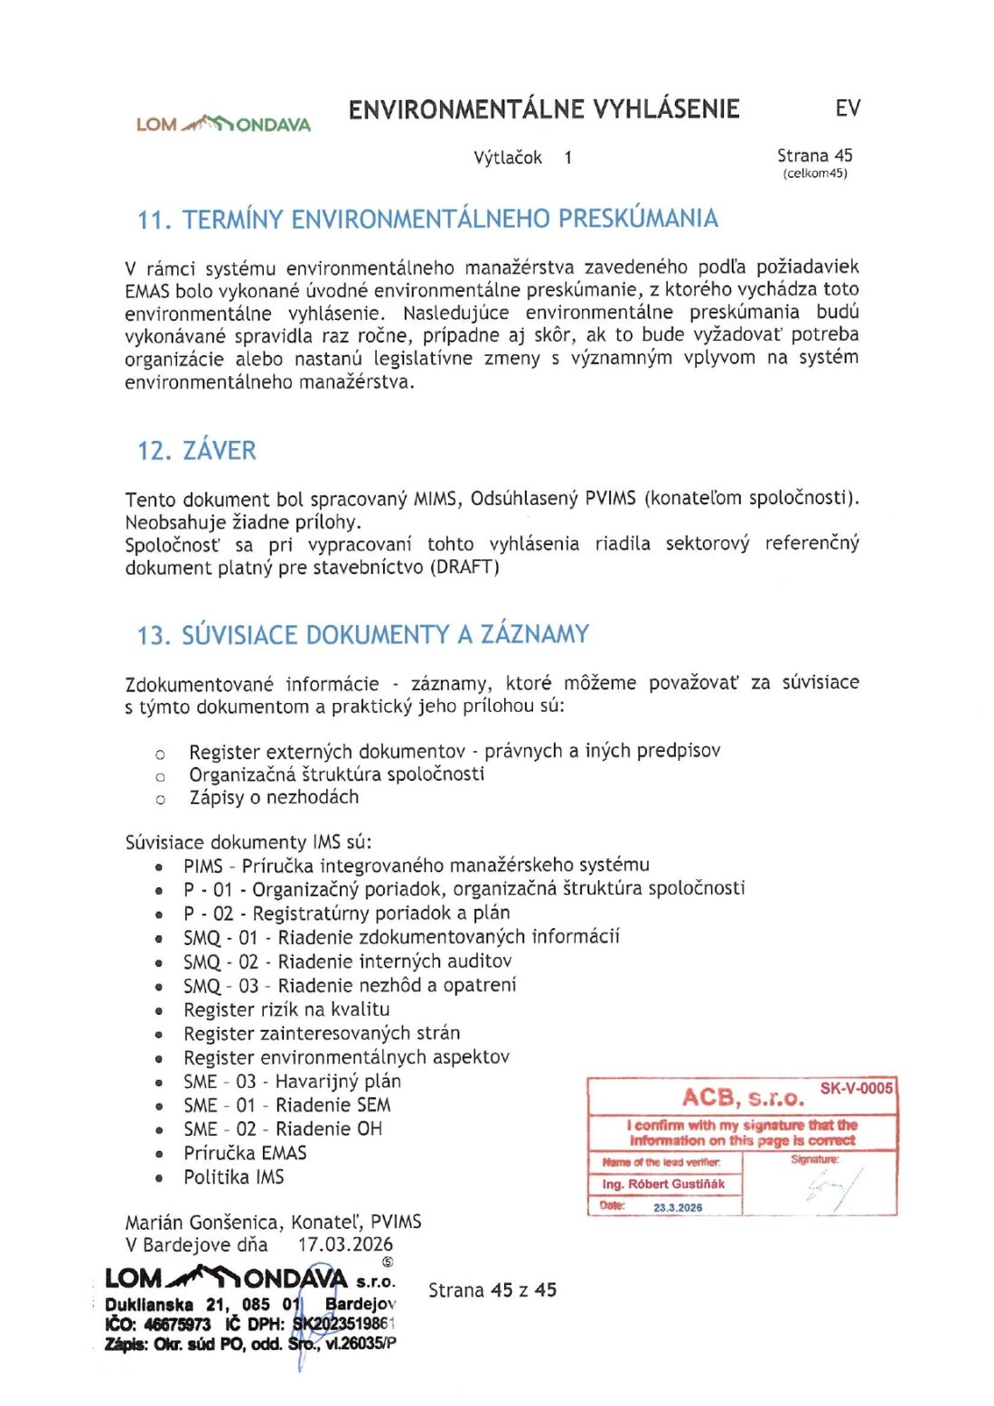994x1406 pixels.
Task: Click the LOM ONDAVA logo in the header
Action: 223,124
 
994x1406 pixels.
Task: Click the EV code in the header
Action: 847,108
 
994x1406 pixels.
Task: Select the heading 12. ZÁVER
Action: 197,450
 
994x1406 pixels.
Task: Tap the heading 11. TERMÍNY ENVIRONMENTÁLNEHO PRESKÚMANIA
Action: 427,219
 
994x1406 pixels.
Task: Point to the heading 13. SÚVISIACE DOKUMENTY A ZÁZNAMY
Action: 362,634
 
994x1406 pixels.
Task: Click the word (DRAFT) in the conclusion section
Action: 464,567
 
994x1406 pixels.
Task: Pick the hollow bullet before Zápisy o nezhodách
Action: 161,799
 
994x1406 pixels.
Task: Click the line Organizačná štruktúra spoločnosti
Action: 336,774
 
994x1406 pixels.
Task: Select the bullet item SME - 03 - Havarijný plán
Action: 292,1081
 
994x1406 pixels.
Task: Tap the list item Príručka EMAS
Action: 245,1153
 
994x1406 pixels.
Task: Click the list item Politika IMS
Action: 233,1176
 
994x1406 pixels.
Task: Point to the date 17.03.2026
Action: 345,1244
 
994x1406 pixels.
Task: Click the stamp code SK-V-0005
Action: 856,1088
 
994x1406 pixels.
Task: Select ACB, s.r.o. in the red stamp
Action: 743,1098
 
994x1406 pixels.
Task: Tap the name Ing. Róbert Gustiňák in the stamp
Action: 663,1184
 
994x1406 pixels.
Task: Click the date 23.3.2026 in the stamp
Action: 678,1207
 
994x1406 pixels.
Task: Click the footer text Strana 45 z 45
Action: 492,1290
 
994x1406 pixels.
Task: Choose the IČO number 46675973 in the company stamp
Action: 177,1324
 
